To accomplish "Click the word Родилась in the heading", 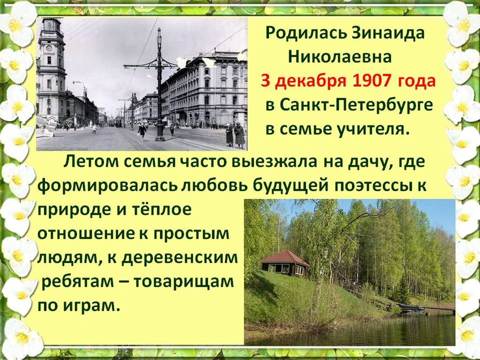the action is click(x=306, y=33).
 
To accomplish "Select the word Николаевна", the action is click(x=340, y=57).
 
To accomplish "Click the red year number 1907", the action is click(x=371, y=81).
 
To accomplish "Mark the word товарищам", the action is click(x=183, y=282).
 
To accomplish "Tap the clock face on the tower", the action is click(x=49, y=48).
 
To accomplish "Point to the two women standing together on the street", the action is click(x=235, y=135).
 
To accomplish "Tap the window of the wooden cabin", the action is click(x=282, y=269).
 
